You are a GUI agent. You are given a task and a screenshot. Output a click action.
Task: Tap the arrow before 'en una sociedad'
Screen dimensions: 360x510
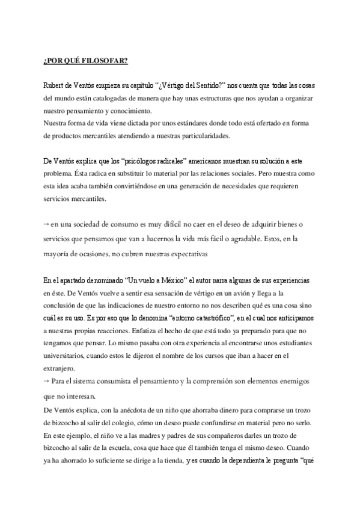point(47,224)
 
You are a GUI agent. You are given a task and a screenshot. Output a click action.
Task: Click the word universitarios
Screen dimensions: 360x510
point(66,356)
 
